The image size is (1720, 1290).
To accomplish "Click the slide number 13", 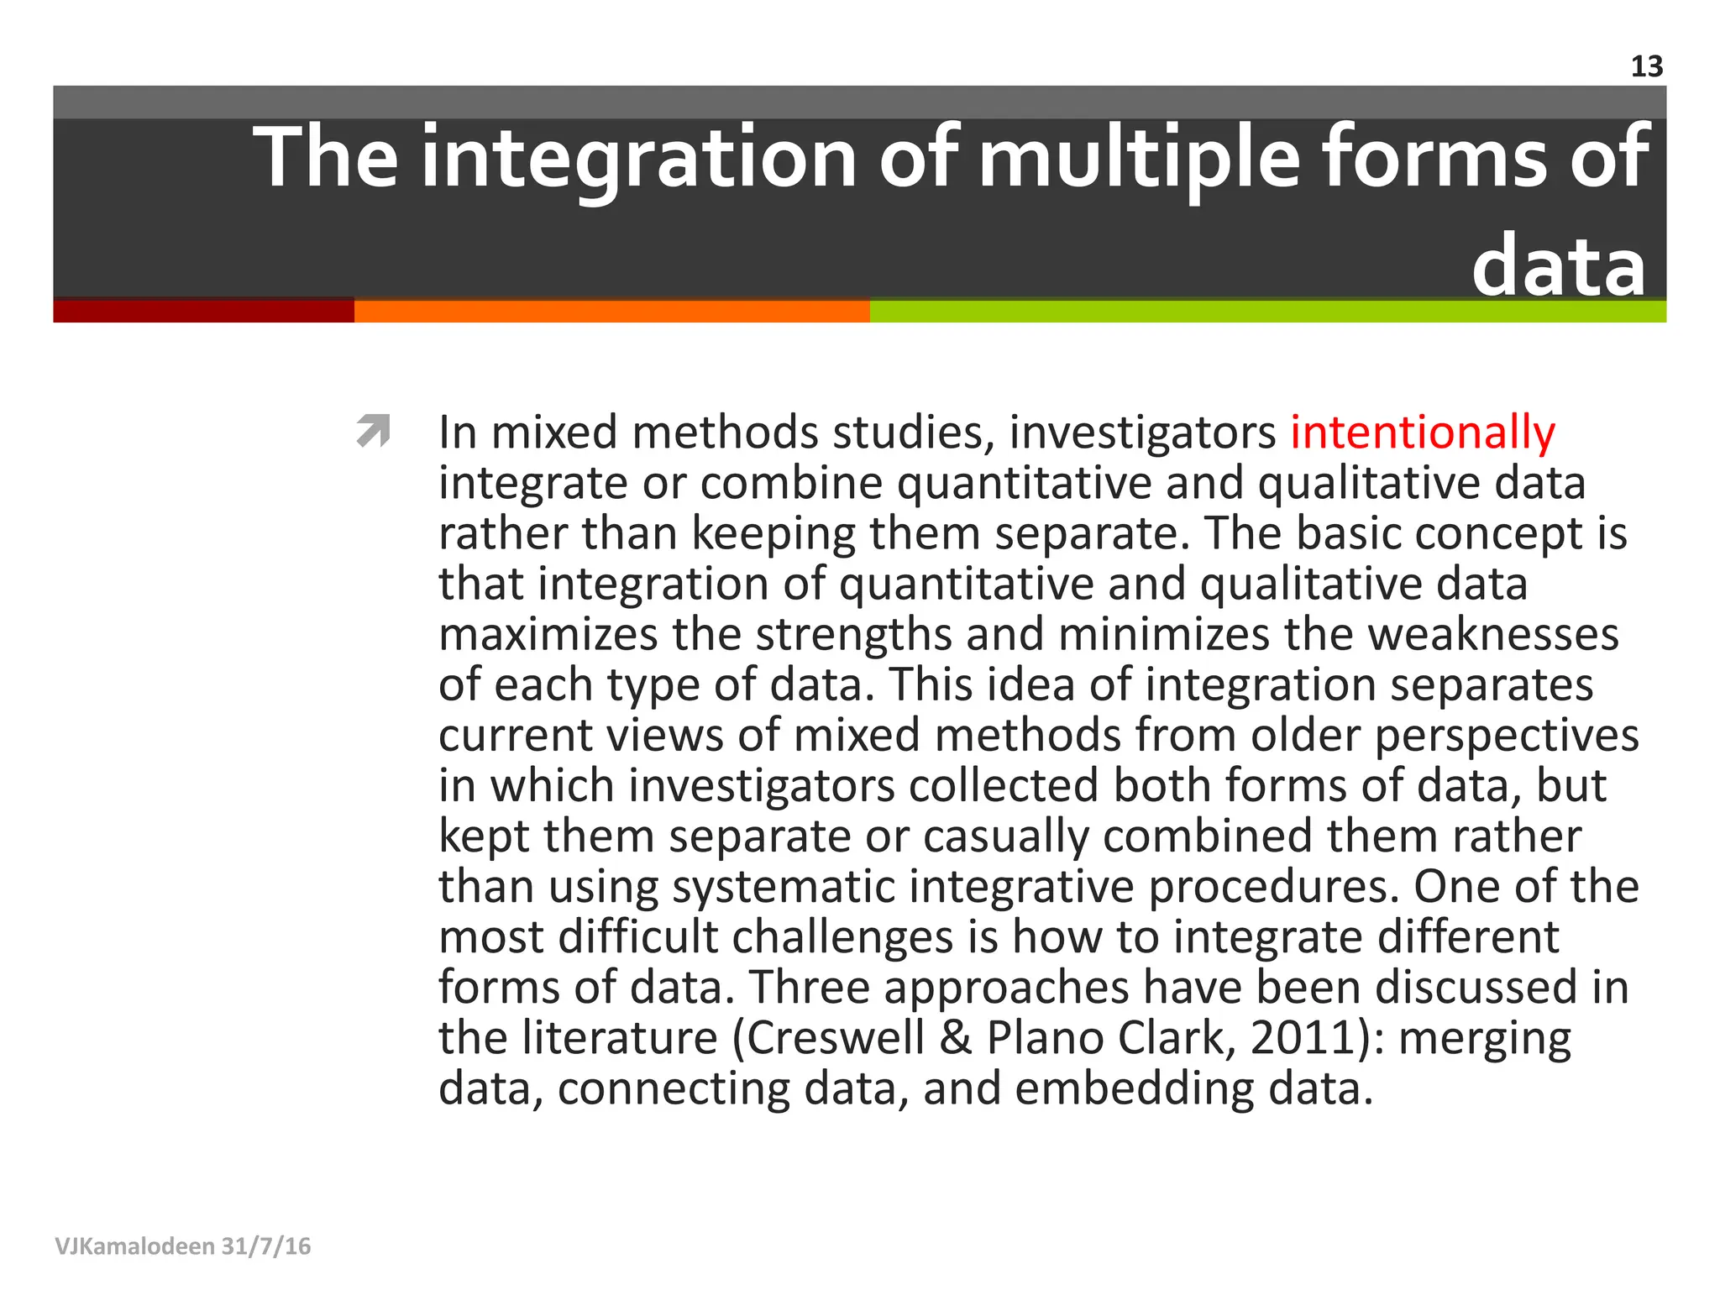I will [x=1646, y=67].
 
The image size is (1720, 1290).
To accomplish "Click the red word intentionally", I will [x=1423, y=433].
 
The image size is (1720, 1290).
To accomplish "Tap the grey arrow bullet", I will [x=373, y=430].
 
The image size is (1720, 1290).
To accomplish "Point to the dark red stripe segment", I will [x=203, y=311].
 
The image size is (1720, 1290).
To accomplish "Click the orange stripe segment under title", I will [x=611, y=311].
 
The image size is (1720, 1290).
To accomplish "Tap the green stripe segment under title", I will [x=1268, y=311].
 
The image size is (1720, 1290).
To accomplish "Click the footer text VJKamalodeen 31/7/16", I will [x=183, y=1245].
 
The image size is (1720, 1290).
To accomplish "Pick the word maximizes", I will [x=548, y=635].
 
